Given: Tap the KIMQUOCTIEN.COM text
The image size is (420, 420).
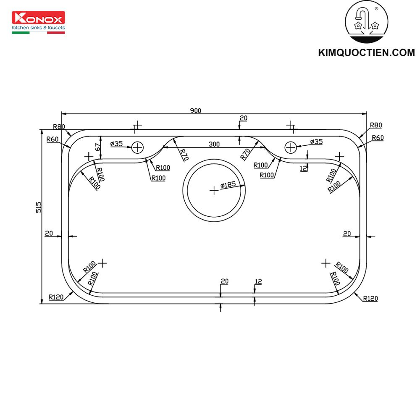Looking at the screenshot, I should [x=366, y=52].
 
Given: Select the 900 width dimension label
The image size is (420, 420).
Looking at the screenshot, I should [x=195, y=110].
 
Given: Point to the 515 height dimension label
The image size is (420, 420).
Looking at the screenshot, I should [x=38, y=208].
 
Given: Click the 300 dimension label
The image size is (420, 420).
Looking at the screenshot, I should [x=214, y=144].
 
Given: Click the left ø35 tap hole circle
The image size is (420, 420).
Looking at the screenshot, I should [x=137, y=147].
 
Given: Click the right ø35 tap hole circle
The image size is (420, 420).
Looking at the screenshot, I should [x=291, y=147].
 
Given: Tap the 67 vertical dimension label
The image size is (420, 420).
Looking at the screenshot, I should [x=97, y=147].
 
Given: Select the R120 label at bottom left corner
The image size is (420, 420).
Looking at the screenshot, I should [x=56, y=297].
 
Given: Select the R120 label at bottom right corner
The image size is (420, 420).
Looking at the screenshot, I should [x=370, y=298].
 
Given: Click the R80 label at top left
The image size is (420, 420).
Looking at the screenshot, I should [x=59, y=126].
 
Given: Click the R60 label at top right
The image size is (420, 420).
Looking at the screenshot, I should [x=377, y=138].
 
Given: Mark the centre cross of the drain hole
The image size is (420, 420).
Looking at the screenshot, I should [x=214, y=190].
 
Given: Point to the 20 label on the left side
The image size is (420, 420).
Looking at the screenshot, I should [x=49, y=233].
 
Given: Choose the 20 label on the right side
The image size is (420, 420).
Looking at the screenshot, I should [x=347, y=234].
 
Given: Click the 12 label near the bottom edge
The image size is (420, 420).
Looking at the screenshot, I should [x=258, y=281].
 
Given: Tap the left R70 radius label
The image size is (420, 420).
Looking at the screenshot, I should [x=183, y=155].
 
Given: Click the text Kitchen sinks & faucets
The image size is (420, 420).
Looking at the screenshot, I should [x=38, y=28].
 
